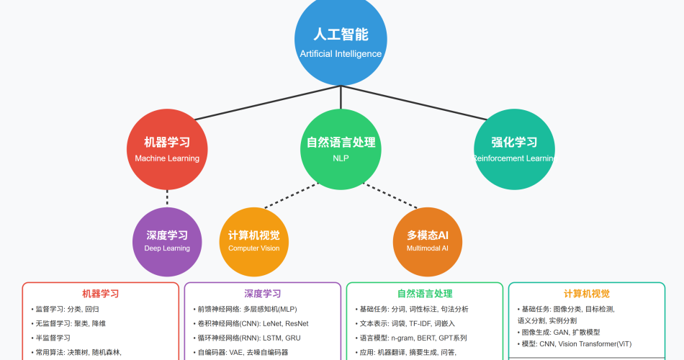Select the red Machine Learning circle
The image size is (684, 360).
tap(167, 149)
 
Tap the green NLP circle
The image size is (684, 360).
tap(341, 149)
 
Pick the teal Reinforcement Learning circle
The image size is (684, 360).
tap(514, 149)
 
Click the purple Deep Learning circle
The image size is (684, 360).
tap(167, 241)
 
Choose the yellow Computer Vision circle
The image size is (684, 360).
tap(253, 241)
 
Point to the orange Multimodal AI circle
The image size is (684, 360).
tap(428, 241)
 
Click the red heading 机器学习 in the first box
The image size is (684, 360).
tap(100, 294)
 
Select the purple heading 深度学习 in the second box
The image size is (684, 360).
tap(262, 294)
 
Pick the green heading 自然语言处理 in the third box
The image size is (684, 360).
tap(424, 294)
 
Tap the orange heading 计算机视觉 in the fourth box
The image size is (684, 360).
tap(586, 294)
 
